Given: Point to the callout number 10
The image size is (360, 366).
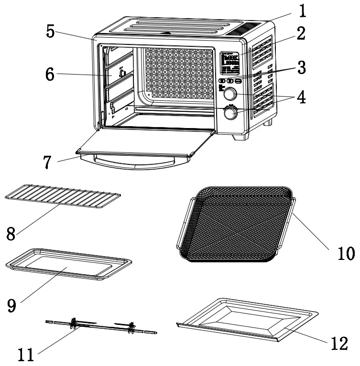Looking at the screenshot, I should [x=343, y=253].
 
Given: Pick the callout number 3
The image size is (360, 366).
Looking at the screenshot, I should [x=300, y=67].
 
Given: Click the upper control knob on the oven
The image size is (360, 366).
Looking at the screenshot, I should [x=229, y=93].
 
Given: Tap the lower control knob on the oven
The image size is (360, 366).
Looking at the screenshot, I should [x=231, y=113].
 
